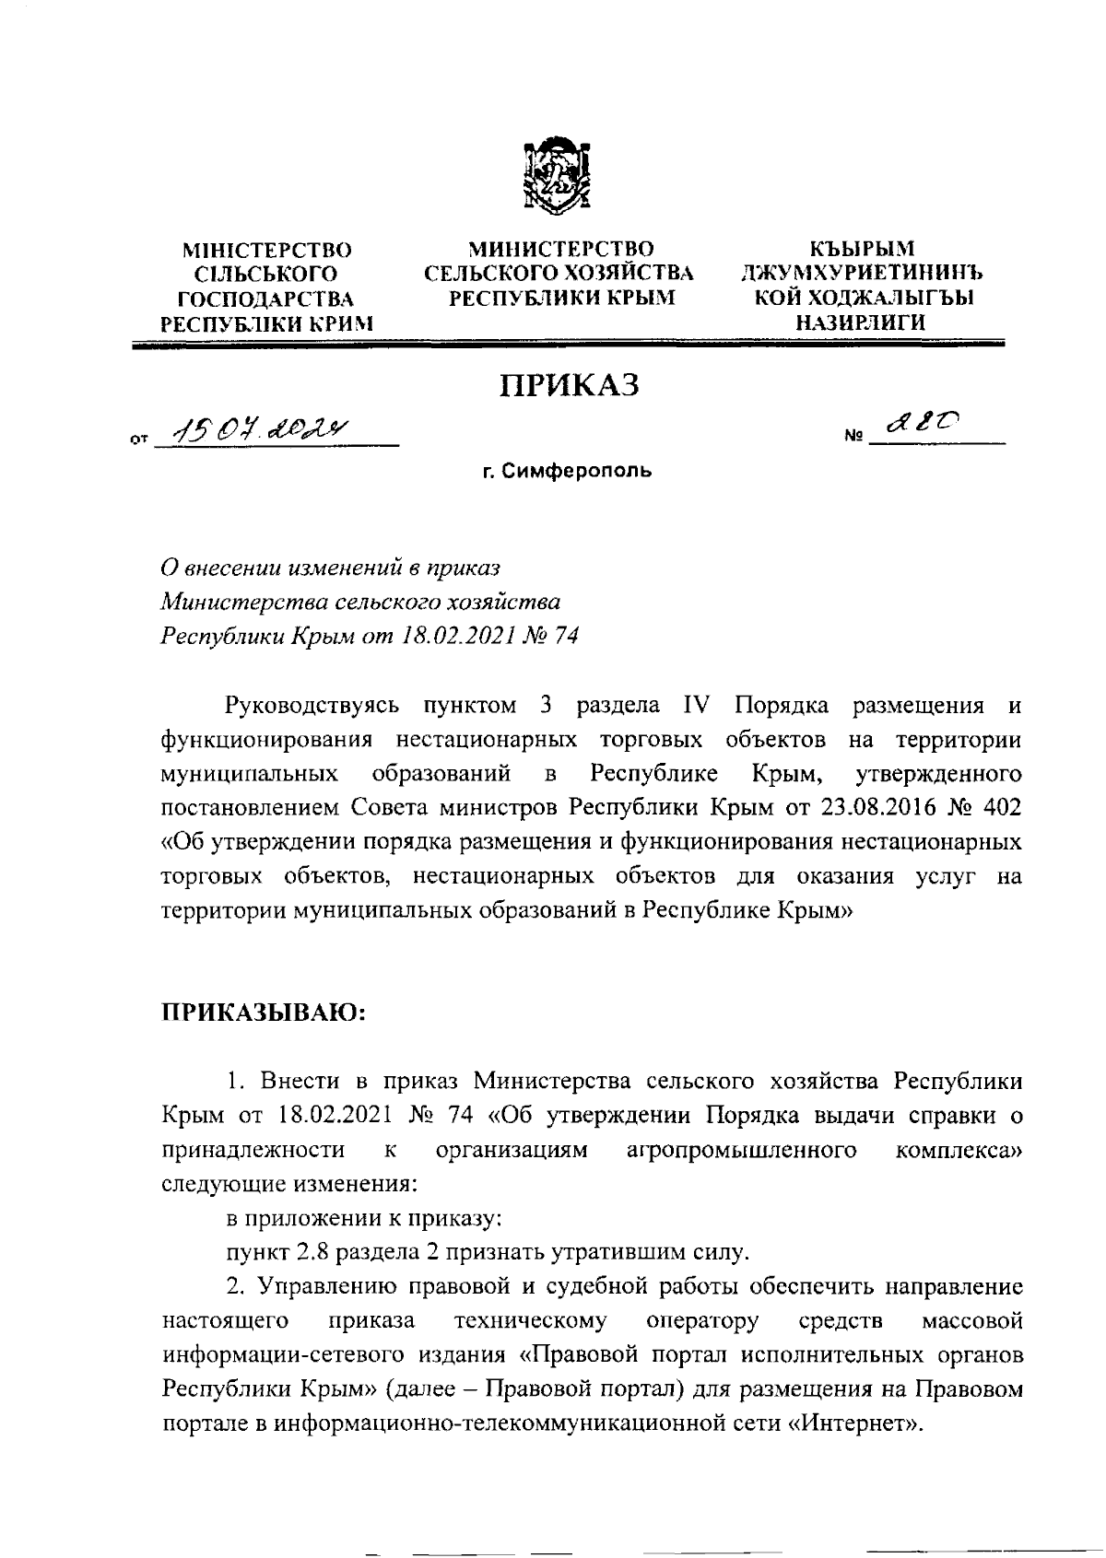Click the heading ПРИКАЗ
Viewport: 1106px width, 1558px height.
point(569,386)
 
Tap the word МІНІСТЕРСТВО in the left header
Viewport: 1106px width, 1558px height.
point(267,250)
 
